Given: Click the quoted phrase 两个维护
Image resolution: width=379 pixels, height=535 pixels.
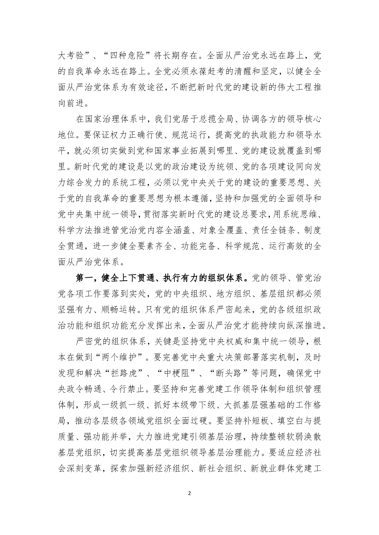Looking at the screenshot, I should [123, 357].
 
